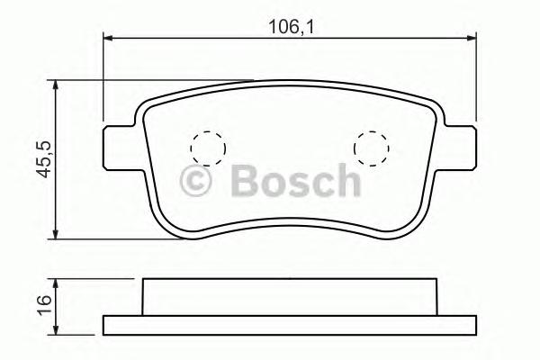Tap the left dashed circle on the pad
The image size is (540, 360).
tap(207, 146)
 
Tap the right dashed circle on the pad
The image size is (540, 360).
tap(370, 146)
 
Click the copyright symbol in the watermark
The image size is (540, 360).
tap(196, 182)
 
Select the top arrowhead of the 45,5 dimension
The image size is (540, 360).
tap(58, 85)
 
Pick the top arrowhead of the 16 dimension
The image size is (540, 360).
tap(58, 282)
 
